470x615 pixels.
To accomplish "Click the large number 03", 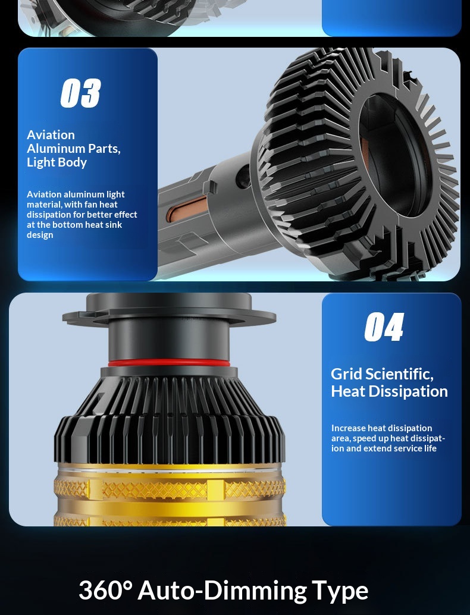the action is coord(80,93).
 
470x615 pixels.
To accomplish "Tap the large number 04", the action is coord(384,327).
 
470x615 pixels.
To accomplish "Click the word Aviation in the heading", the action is coord(51,135).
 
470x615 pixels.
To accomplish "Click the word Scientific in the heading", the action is coord(398,374).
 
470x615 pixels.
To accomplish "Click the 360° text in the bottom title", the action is coord(105,590).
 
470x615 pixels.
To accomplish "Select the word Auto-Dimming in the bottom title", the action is coord(222,590).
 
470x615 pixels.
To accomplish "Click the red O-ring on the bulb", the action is coord(169,362).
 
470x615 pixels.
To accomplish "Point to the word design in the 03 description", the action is coord(40,235).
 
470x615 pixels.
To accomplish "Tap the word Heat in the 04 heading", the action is coord(348,391).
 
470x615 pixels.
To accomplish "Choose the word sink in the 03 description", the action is coord(114,225).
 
